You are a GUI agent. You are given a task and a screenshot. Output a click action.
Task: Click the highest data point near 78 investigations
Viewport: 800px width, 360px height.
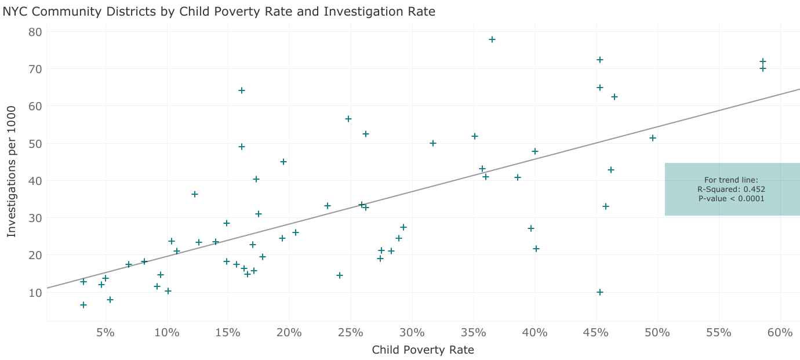pyautogui.click(x=492, y=39)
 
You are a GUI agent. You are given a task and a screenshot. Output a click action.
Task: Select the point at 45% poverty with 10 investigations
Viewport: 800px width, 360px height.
pyautogui.click(x=600, y=292)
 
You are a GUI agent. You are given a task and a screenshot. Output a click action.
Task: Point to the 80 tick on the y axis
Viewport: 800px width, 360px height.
pyautogui.click(x=35, y=31)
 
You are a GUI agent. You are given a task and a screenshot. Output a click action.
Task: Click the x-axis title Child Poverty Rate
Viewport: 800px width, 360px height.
pyautogui.click(x=423, y=350)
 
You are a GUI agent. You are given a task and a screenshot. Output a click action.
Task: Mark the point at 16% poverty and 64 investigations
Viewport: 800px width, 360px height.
pyautogui.click(x=242, y=90)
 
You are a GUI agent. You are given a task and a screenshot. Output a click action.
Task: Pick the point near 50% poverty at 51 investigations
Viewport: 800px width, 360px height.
pyautogui.click(x=653, y=138)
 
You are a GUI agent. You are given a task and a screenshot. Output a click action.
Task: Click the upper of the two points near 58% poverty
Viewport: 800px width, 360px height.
pyautogui.click(x=763, y=61)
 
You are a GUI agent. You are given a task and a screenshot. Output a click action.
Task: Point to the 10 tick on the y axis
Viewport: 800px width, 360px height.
pyautogui.click(x=35, y=292)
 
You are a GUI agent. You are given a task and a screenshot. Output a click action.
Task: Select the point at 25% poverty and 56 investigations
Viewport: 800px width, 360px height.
pyautogui.click(x=348, y=119)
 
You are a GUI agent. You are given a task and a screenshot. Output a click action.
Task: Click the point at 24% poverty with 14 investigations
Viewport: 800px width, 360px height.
pyautogui.click(x=340, y=275)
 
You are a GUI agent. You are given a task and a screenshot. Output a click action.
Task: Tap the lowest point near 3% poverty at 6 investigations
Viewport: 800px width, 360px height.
pyautogui.click(x=83, y=305)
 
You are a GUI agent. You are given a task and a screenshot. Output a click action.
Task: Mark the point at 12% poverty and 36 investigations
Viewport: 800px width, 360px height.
pyautogui.click(x=195, y=194)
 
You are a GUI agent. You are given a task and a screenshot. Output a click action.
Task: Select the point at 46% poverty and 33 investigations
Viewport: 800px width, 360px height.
pyautogui.click(x=606, y=206)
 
